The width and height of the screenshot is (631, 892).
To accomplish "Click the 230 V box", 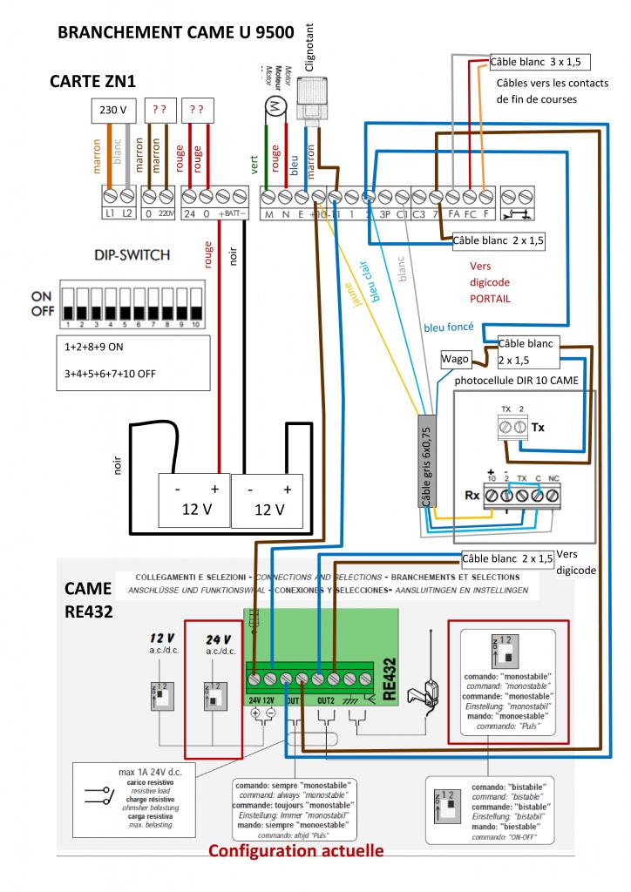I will click(113, 111).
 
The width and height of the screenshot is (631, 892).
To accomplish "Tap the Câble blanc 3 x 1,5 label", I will click(533, 62).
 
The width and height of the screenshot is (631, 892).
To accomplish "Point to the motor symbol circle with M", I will click(275, 105).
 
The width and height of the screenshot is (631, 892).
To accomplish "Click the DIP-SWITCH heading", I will click(131, 255).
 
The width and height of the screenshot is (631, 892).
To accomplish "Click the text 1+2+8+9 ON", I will click(101, 346).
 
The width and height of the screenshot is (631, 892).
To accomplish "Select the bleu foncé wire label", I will click(448, 328).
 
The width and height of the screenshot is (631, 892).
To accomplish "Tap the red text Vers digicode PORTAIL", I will click(490, 282).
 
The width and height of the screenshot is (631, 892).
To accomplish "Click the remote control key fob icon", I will click(431, 692).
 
